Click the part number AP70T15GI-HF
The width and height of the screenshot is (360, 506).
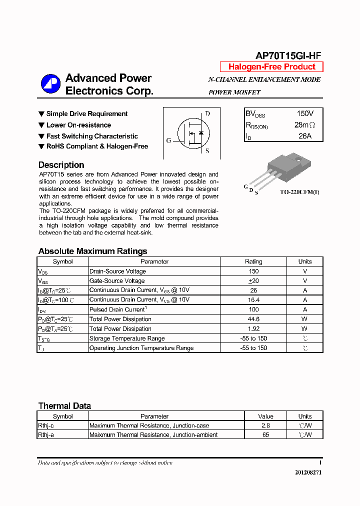pyautogui.click(x=288, y=56)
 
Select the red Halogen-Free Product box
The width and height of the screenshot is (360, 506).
pyautogui.click(x=271, y=67)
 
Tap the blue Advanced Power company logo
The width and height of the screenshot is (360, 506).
pyautogui.click(x=50, y=84)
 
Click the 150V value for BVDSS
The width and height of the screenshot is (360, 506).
pyautogui.click(x=305, y=114)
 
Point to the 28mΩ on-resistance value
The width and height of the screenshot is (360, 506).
pyautogui.click(x=304, y=125)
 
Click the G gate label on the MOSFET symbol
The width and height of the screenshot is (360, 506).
pyautogui.click(x=168, y=140)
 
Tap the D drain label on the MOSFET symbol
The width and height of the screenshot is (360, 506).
pyautogui.click(x=207, y=113)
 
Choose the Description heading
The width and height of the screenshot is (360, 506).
pyautogui.click(x=61, y=165)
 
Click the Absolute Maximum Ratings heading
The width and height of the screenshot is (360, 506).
pyautogui.click(x=92, y=251)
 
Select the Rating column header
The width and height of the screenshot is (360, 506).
pyautogui.click(x=253, y=261)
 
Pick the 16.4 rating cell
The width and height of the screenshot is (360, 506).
pyautogui.click(x=253, y=300)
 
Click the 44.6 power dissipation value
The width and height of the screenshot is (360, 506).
pyautogui.click(x=253, y=319)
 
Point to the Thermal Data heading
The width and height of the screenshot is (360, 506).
pyautogui.click(x=64, y=406)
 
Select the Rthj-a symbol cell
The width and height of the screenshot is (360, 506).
pyautogui.click(x=46, y=435)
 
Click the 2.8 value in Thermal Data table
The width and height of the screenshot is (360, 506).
pyautogui.click(x=265, y=425)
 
